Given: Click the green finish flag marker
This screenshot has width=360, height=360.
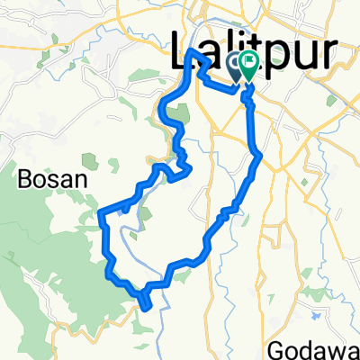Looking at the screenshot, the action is (247, 64).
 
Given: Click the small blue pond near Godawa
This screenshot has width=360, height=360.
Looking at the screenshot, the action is (317, 317).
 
